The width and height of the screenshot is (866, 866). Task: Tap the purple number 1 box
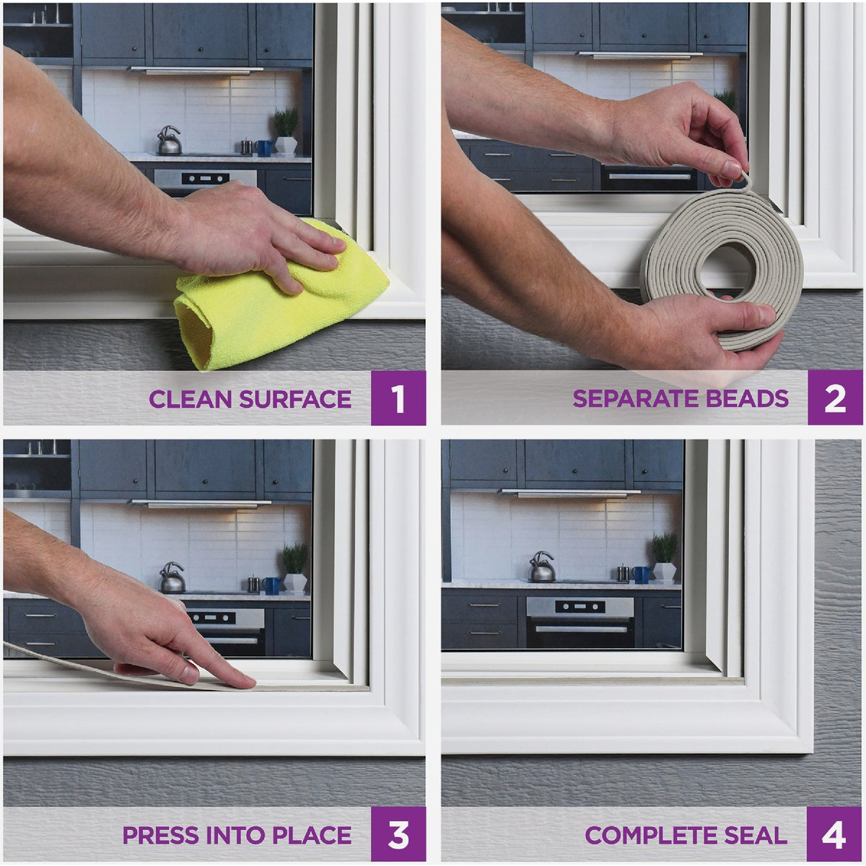(x=398, y=398)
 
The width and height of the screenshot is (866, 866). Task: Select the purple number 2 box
(x=835, y=398)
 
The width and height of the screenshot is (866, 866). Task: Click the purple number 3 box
(x=398, y=835)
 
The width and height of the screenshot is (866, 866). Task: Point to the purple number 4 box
(x=834, y=835)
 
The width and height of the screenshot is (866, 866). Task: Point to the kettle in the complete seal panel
(x=542, y=567)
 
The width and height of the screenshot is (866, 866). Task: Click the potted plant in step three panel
(x=295, y=567)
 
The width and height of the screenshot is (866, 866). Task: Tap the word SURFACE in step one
(x=295, y=399)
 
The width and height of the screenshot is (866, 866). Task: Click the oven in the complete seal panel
(x=579, y=622)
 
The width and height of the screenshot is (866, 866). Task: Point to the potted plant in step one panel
(x=287, y=131)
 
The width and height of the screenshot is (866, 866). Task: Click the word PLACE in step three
(x=312, y=836)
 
